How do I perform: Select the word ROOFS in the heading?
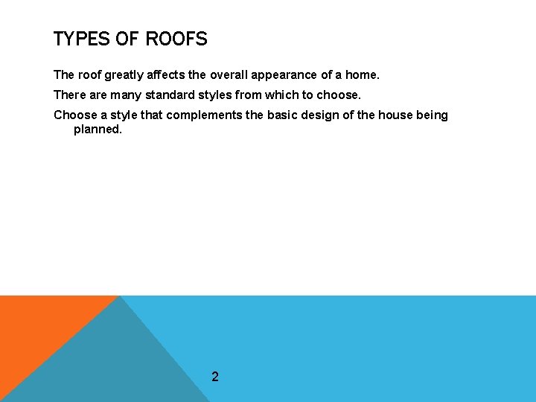point(176,39)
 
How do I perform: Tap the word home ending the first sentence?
point(363,75)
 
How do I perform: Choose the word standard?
point(165,95)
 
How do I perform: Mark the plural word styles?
point(212,95)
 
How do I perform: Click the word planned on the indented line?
point(98,130)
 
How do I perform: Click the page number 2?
point(215,377)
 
